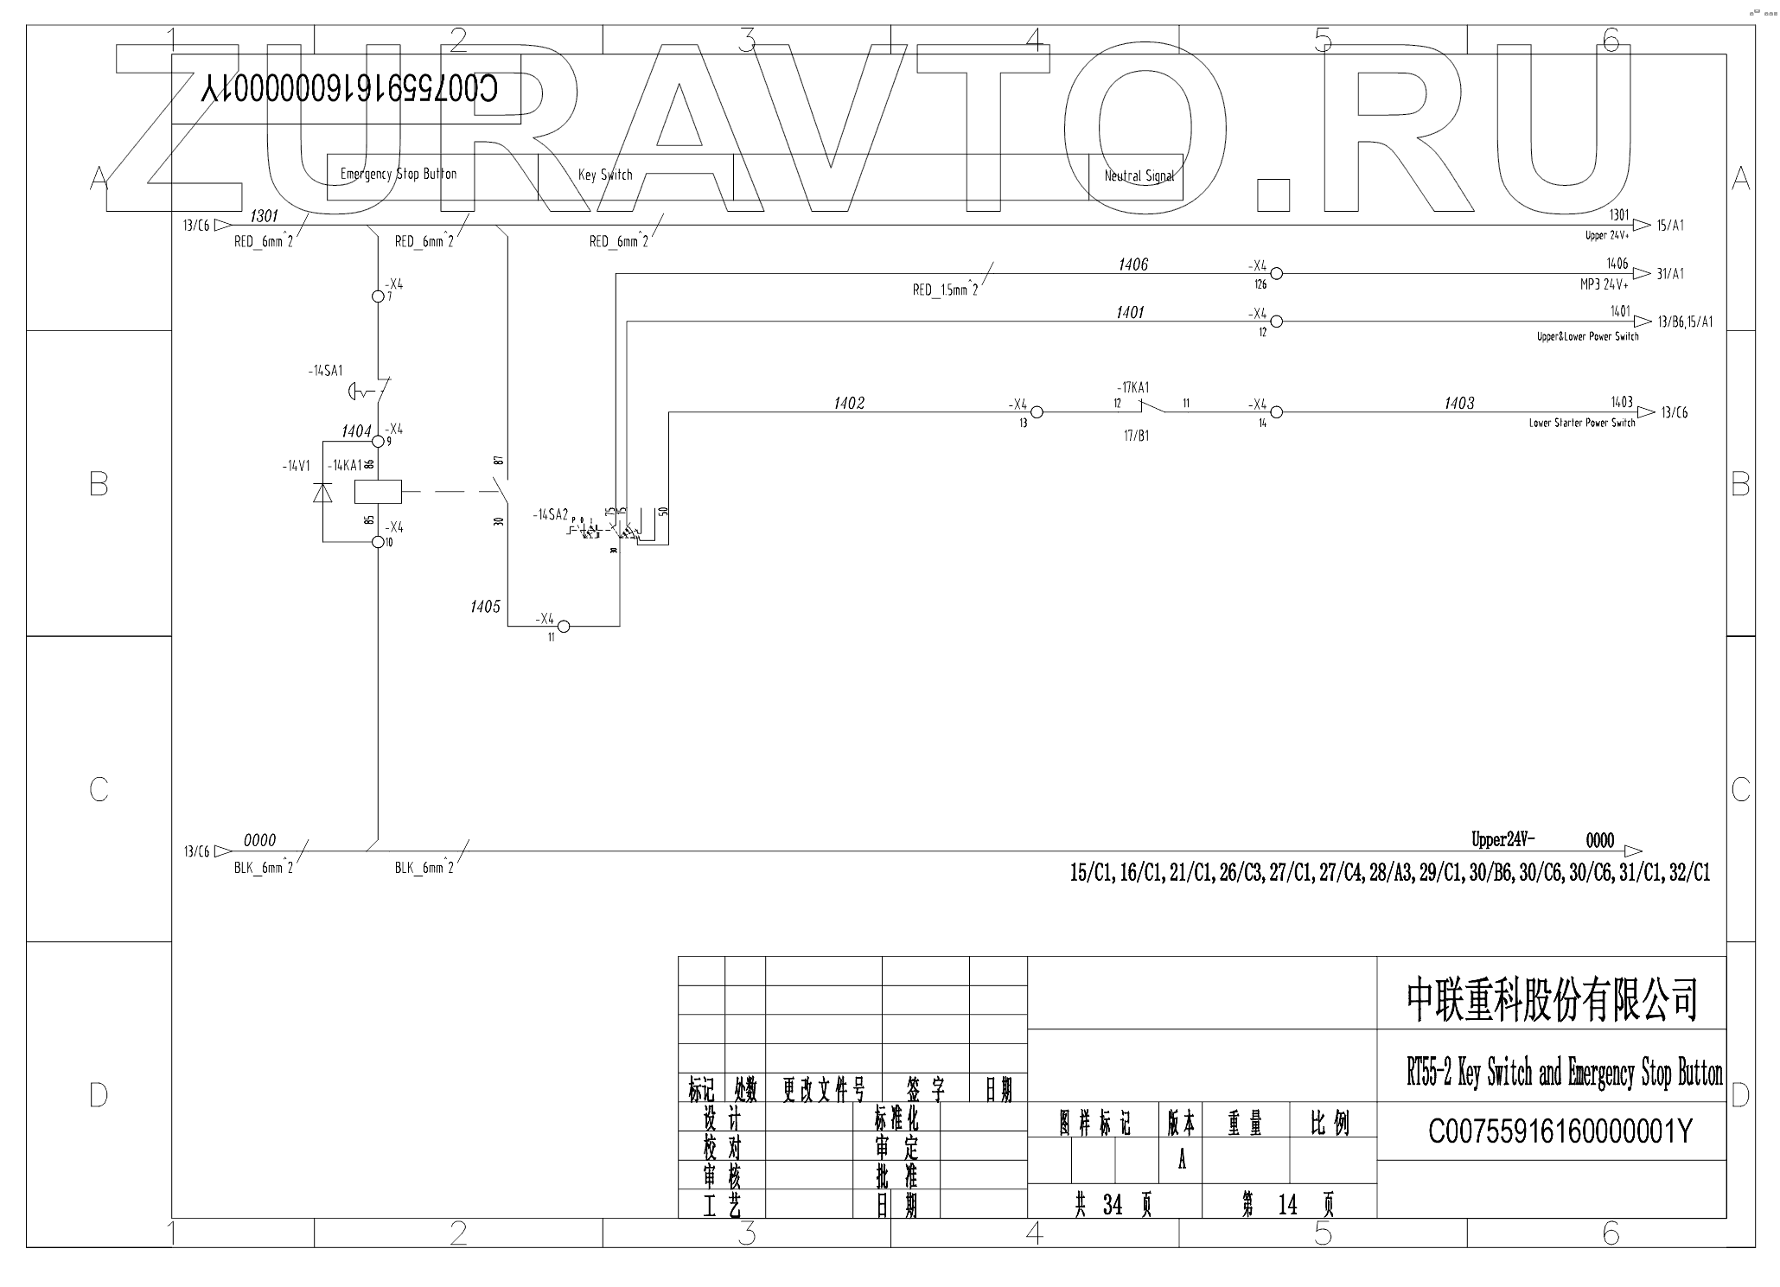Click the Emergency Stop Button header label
(x=399, y=174)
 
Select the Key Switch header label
(x=605, y=175)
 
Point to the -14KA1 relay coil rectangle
(x=378, y=492)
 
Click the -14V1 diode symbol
(x=322, y=492)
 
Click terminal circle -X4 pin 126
(x=1276, y=274)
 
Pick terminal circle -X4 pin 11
(x=563, y=625)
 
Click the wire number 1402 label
(x=849, y=403)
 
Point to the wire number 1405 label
(x=485, y=606)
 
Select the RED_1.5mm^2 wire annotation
(x=945, y=290)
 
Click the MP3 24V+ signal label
(x=1604, y=284)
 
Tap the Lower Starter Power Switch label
(x=1581, y=424)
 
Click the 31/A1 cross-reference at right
(x=1670, y=274)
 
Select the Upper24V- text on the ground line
(x=1502, y=839)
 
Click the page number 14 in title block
(x=1287, y=1205)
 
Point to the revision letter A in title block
(x=1182, y=1159)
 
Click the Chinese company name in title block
(x=1552, y=1000)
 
